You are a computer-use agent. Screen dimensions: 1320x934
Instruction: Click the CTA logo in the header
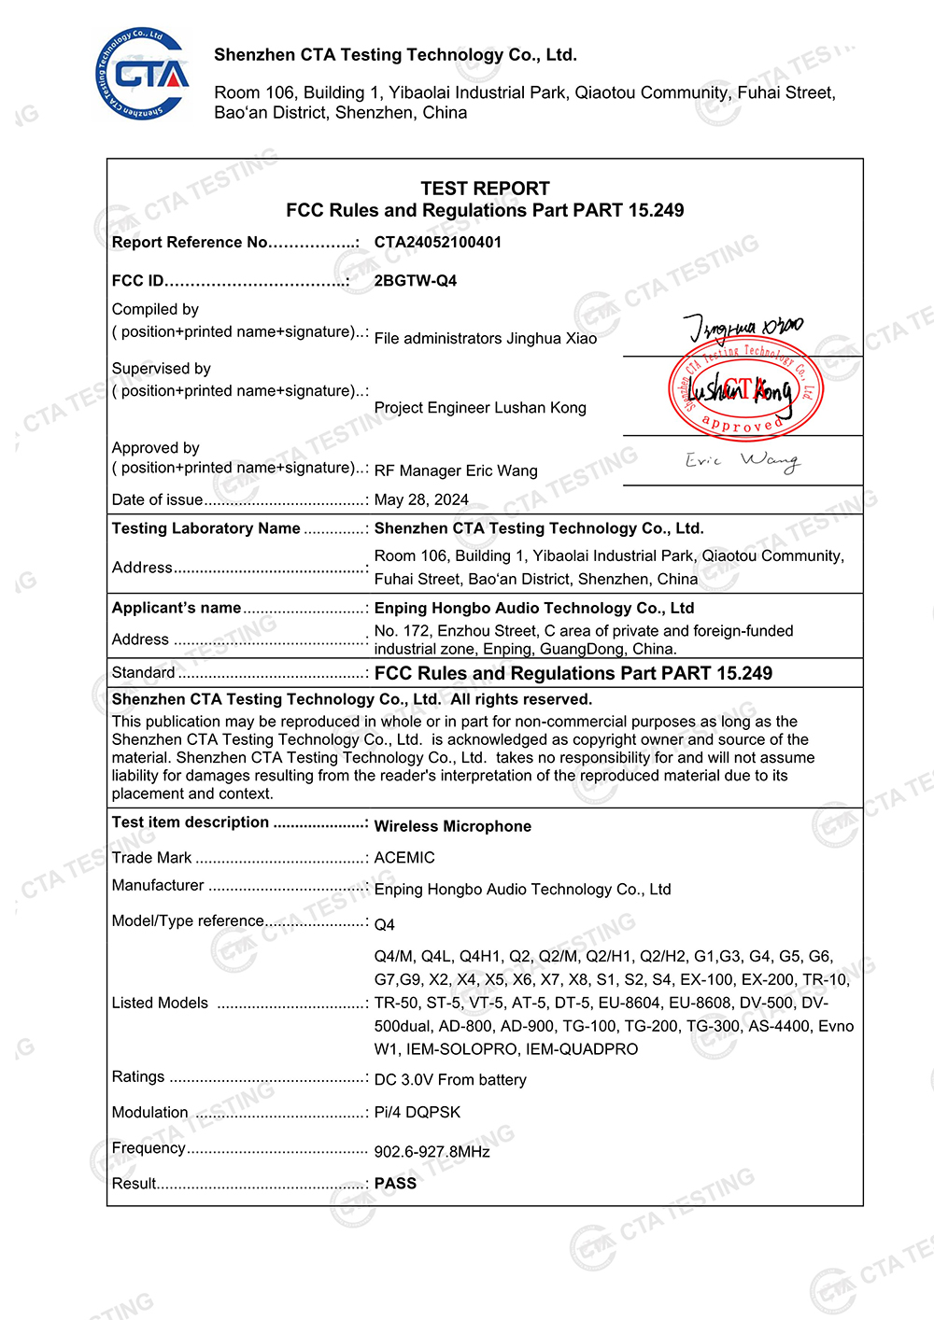[x=142, y=74]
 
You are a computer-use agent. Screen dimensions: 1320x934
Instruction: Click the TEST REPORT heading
[x=485, y=189]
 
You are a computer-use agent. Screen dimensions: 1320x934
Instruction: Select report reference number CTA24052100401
[x=438, y=243]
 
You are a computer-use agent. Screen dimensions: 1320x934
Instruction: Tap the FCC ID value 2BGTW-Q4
[x=416, y=281]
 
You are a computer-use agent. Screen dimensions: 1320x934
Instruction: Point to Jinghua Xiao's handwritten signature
[x=743, y=328]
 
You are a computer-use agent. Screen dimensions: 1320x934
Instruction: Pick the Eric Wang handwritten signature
[x=743, y=460]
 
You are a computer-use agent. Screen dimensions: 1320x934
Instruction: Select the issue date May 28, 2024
[x=421, y=500]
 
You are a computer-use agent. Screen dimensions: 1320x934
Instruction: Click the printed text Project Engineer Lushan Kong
[x=480, y=408]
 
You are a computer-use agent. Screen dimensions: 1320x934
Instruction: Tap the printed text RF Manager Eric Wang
[x=456, y=471]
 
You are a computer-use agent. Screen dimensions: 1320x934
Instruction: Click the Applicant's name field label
[x=177, y=608]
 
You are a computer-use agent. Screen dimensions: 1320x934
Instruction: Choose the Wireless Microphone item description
[x=453, y=827]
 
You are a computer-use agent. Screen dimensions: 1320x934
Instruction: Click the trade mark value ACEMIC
[x=404, y=858]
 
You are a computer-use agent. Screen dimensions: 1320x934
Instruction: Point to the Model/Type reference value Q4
[x=385, y=925]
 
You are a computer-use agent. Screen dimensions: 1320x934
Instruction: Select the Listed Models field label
[x=160, y=1004]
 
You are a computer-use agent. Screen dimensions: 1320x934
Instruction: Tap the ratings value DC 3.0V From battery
[x=450, y=1080]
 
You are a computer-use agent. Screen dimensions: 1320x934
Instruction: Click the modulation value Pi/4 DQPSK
[x=417, y=1113]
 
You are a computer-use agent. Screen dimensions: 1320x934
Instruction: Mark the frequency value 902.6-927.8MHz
[x=432, y=1152]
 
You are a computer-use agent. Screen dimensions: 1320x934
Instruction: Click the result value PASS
[x=395, y=1184]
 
